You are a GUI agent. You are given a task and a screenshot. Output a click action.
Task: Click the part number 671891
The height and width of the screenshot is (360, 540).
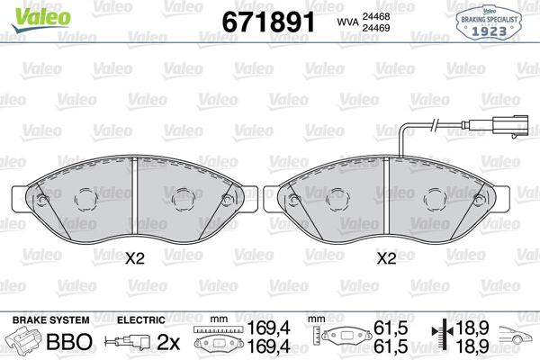tap(268, 22)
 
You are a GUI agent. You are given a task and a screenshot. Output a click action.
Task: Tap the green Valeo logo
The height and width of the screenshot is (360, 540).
tap(41, 19)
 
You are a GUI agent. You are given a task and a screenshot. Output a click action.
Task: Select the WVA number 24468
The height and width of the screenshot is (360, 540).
tap(375, 16)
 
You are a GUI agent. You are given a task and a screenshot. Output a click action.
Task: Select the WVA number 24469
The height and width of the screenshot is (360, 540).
tap(375, 28)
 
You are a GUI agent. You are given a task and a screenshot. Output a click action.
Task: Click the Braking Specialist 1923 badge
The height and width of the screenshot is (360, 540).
tap(489, 23)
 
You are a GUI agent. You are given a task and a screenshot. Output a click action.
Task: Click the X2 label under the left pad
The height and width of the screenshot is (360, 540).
tap(134, 258)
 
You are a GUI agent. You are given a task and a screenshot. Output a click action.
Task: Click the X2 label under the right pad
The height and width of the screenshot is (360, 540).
tap(386, 258)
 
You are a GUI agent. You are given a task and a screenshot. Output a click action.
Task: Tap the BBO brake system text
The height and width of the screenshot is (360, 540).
tap(69, 341)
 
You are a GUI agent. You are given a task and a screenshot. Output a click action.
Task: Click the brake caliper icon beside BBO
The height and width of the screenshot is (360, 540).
tap(24, 340)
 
